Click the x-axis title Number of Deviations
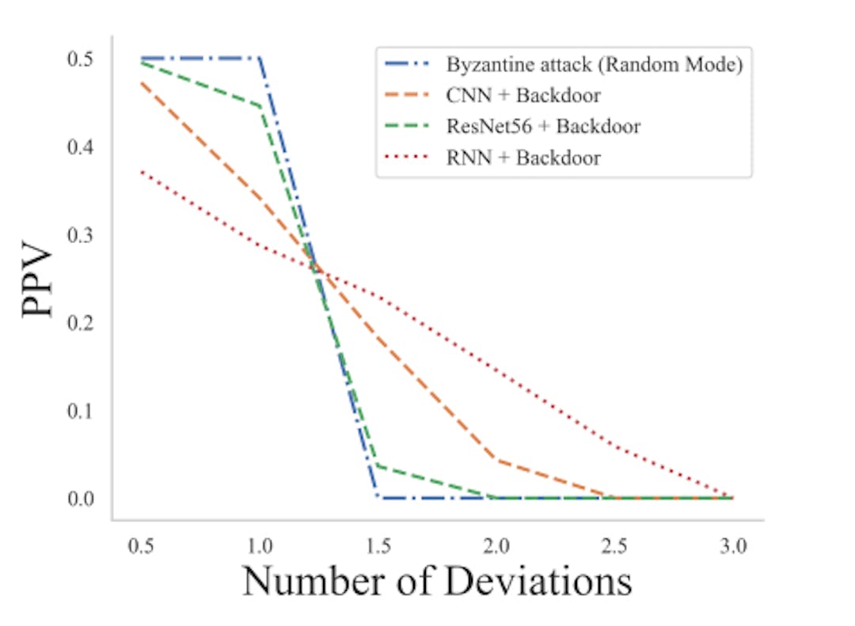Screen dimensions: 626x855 [x=437, y=581]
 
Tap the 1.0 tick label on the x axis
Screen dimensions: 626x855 [x=260, y=546]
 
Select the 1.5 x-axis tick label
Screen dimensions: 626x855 [x=378, y=546]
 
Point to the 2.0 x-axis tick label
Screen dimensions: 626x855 [x=496, y=546]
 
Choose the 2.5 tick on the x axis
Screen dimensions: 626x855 [x=614, y=546]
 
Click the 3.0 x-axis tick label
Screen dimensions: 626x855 [x=732, y=546]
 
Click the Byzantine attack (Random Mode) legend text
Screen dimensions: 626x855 [x=594, y=65]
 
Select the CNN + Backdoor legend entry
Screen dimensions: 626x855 [x=522, y=96]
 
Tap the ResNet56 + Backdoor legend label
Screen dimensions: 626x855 [x=543, y=127]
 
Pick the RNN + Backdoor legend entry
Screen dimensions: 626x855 [x=523, y=157]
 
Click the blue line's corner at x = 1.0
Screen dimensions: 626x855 [x=260, y=59]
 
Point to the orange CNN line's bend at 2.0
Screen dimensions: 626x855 [x=496, y=460]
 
